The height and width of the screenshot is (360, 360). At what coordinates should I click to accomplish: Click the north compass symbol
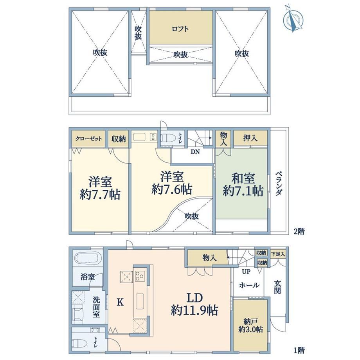(x=293, y=19)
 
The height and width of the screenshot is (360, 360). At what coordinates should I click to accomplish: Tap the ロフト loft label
(x=180, y=29)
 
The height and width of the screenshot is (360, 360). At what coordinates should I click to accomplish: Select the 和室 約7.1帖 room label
(x=243, y=185)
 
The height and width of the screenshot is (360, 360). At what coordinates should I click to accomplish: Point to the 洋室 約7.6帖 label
(x=172, y=183)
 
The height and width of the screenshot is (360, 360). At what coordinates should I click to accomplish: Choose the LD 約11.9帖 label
(x=194, y=304)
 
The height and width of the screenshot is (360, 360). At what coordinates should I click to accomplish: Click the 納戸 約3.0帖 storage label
(x=250, y=326)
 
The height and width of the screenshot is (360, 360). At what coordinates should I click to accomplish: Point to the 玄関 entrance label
(x=277, y=287)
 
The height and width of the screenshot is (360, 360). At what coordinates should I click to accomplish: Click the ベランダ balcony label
(x=279, y=183)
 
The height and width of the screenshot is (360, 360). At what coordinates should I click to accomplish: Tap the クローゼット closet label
(x=88, y=139)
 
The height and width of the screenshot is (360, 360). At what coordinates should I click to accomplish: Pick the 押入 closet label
(x=250, y=138)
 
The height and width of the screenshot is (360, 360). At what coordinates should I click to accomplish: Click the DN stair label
(x=195, y=152)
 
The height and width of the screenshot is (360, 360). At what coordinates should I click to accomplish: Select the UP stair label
(x=246, y=272)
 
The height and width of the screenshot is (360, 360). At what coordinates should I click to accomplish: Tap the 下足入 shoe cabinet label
(x=278, y=254)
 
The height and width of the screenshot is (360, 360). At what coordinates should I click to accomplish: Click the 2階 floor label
(x=299, y=231)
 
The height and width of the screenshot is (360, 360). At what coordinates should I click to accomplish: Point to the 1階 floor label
(x=299, y=350)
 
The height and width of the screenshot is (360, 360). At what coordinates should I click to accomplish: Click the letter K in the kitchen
(x=120, y=302)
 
